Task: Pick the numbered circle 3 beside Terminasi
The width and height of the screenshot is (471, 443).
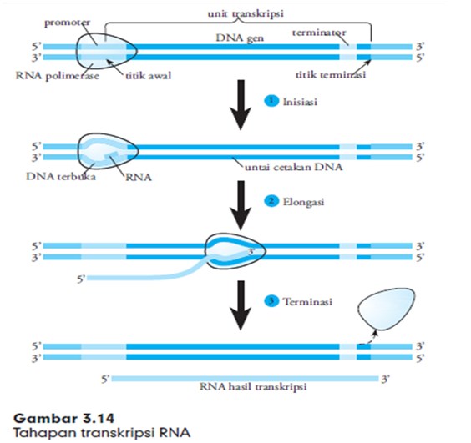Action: pyautogui.click(x=270, y=301)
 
